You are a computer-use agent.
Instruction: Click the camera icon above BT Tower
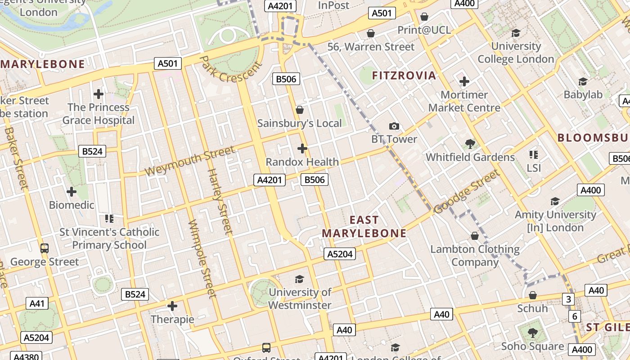point(394,126)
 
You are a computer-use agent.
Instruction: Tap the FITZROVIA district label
point(404,76)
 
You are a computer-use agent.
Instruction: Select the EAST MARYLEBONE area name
point(364,226)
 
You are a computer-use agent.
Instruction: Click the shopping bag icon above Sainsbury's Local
point(300,110)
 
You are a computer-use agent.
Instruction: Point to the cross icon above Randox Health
point(302,148)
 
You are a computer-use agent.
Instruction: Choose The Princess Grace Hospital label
point(99,114)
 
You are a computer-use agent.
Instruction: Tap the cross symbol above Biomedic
point(72,192)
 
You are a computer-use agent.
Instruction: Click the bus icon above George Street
point(45,248)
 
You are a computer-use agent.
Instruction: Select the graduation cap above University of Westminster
point(300,279)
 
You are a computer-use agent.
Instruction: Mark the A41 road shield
point(37,304)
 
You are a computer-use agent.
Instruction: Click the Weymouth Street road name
point(189,161)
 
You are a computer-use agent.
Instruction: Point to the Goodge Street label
point(467,191)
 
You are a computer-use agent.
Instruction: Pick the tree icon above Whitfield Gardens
point(470,144)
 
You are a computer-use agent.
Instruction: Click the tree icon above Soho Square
point(532,333)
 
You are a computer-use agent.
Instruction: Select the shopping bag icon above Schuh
point(533,296)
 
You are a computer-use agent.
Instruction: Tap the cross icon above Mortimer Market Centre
point(464,81)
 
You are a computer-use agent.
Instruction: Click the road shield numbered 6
point(574,316)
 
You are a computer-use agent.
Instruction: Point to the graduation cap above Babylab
point(583,81)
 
